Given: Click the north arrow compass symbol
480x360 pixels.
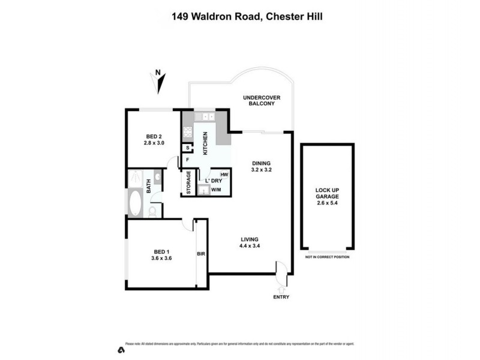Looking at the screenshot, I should click(158, 83).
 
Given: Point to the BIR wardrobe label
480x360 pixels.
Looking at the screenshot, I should click(201, 254).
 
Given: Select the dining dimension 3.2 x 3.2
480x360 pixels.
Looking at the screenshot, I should click(261, 170).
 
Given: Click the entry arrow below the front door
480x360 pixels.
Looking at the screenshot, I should click(281, 290).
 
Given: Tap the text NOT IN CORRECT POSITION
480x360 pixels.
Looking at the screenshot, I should click(327, 257).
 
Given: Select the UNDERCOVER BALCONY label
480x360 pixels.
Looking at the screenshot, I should click(261, 100).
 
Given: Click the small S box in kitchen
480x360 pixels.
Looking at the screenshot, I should click(188, 148).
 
